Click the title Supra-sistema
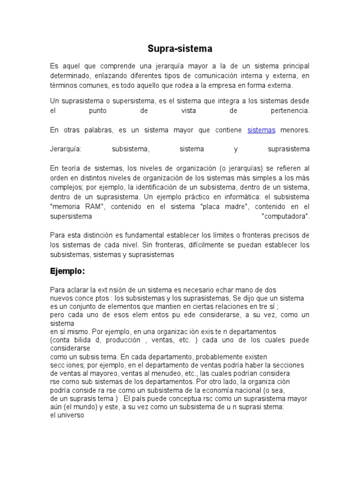(180, 48)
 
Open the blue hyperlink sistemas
(261, 130)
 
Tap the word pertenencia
(284, 111)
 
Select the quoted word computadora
(286, 217)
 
